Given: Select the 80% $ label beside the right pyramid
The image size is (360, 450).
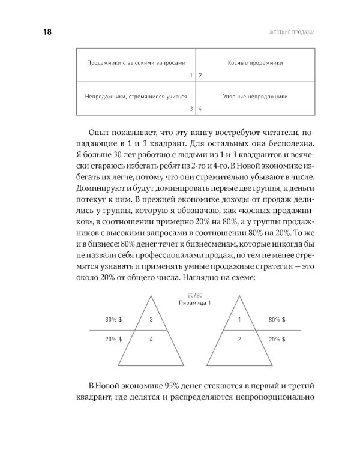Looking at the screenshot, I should pyautogui.click(x=277, y=320).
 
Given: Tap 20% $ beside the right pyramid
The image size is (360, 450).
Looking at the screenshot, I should pyautogui.click(x=277, y=339).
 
